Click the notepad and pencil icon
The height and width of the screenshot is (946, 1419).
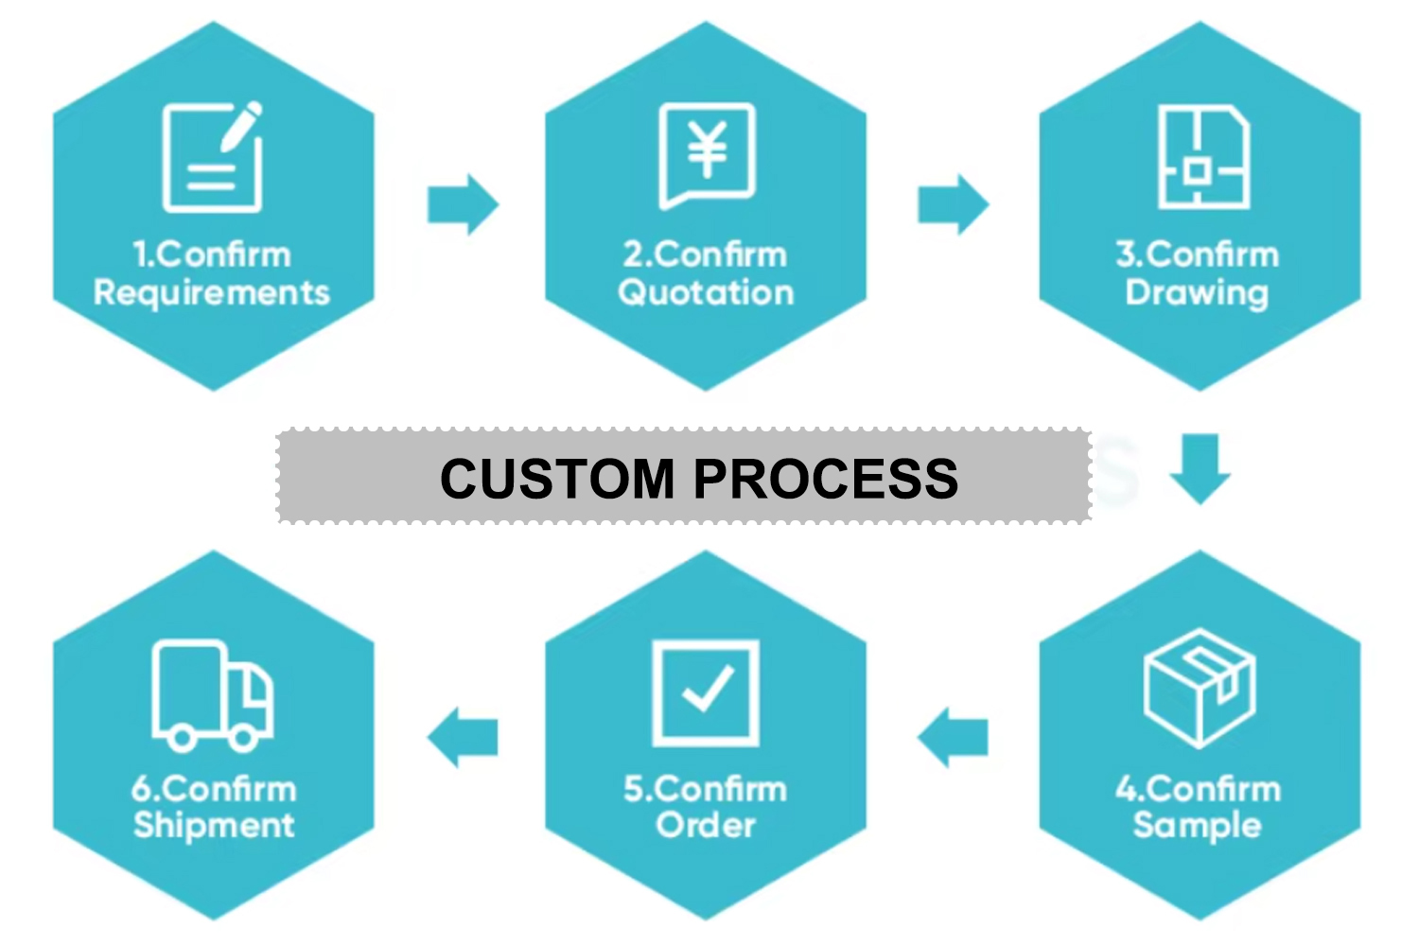click(x=212, y=157)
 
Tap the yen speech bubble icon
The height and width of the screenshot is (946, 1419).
click(x=707, y=154)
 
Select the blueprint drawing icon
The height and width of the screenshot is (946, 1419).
click(x=1203, y=157)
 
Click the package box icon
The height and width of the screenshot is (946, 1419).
click(x=1200, y=687)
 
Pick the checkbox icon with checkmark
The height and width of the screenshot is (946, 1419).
click(x=706, y=692)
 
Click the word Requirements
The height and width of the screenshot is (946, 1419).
click(x=212, y=293)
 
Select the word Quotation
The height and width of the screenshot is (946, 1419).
click(x=706, y=292)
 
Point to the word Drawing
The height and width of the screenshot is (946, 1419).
click(x=1197, y=292)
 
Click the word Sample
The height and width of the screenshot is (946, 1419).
click(x=1198, y=825)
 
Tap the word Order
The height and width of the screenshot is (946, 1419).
click(x=706, y=825)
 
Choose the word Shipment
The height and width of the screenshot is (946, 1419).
click(x=214, y=825)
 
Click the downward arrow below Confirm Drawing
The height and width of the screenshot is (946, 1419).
click(x=1200, y=468)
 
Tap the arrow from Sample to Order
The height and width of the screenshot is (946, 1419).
click(x=953, y=737)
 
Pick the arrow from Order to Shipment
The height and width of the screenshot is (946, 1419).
click(x=463, y=737)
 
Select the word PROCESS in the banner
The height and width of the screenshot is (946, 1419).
click(x=826, y=478)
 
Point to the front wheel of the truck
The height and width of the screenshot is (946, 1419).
click(x=242, y=737)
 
